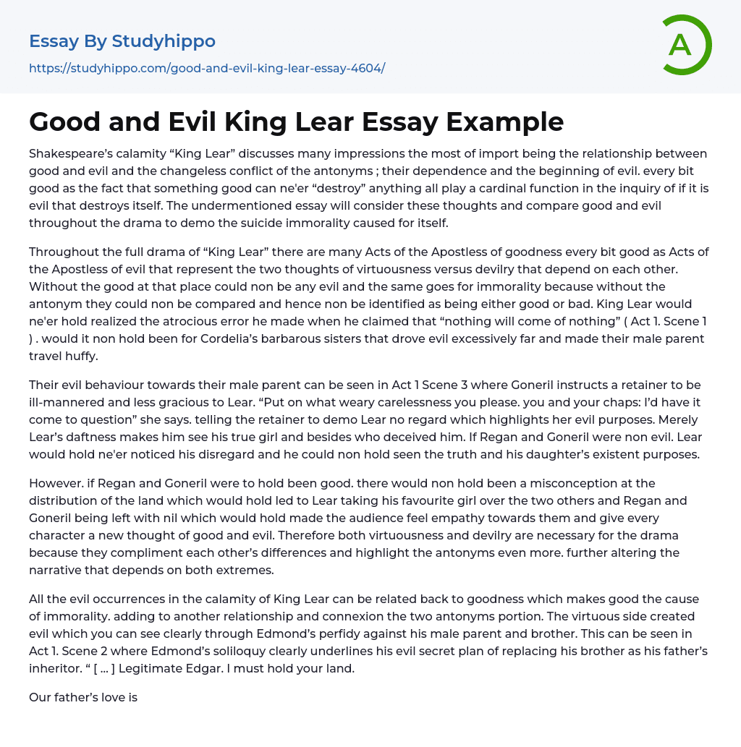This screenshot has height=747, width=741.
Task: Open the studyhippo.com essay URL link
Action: (x=207, y=68)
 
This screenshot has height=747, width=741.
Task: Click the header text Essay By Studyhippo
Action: (x=122, y=41)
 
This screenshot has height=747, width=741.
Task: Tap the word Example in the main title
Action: (x=504, y=121)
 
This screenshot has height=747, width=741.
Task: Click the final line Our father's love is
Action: (x=83, y=697)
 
